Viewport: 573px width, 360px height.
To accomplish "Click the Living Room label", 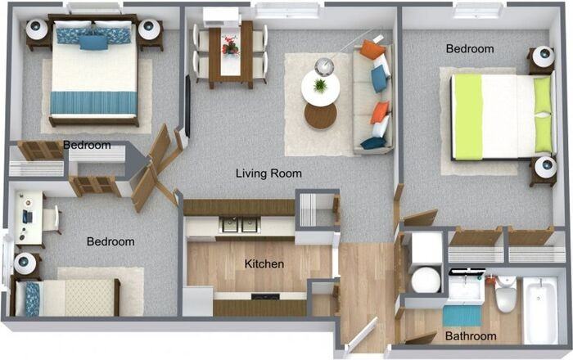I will tap(268, 173).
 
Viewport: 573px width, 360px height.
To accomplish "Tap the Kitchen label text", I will tap(264, 264).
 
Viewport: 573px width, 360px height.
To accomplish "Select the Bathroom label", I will tap(471, 336).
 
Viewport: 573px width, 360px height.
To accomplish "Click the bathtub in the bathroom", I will tap(539, 311).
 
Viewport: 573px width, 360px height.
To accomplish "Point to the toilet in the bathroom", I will tap(505, 295).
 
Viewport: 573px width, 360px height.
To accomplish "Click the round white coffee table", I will tap(320, 88).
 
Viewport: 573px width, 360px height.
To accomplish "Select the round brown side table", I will tap(320, 116).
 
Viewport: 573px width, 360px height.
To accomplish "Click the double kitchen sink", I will tap(239, 223).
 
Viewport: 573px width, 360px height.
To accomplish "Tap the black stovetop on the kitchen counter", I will tap(264, 295).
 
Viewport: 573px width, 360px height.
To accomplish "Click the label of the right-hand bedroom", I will tap(470, 49).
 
